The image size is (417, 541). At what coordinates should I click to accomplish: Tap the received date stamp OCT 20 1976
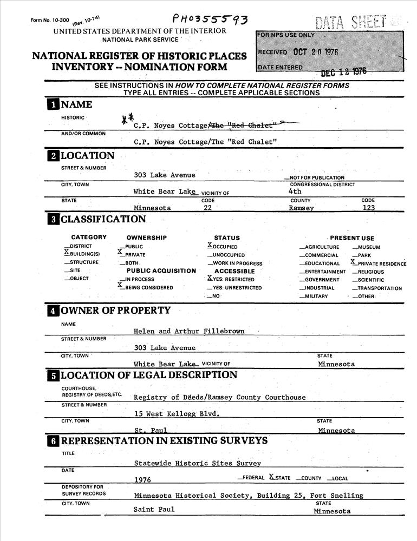[316, 52]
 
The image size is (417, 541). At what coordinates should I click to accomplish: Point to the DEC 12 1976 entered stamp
[343, 72]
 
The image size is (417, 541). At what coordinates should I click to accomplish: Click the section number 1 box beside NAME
[53, 105]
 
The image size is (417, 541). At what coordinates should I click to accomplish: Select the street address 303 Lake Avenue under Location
[165, 175]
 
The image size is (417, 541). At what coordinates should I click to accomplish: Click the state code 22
[207, 208]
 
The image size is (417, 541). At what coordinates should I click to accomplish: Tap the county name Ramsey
[301, 208]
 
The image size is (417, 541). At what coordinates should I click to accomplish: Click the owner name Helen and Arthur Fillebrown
[189, 331]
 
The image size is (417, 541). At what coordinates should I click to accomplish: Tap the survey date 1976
[142, 480]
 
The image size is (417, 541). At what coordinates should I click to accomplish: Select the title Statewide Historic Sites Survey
[198, 463]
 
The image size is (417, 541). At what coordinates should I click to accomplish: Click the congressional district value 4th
[295, 191]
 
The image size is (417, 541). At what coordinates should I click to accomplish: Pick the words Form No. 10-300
[50, 20]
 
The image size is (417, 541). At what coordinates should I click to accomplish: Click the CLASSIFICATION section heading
[103, 219]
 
